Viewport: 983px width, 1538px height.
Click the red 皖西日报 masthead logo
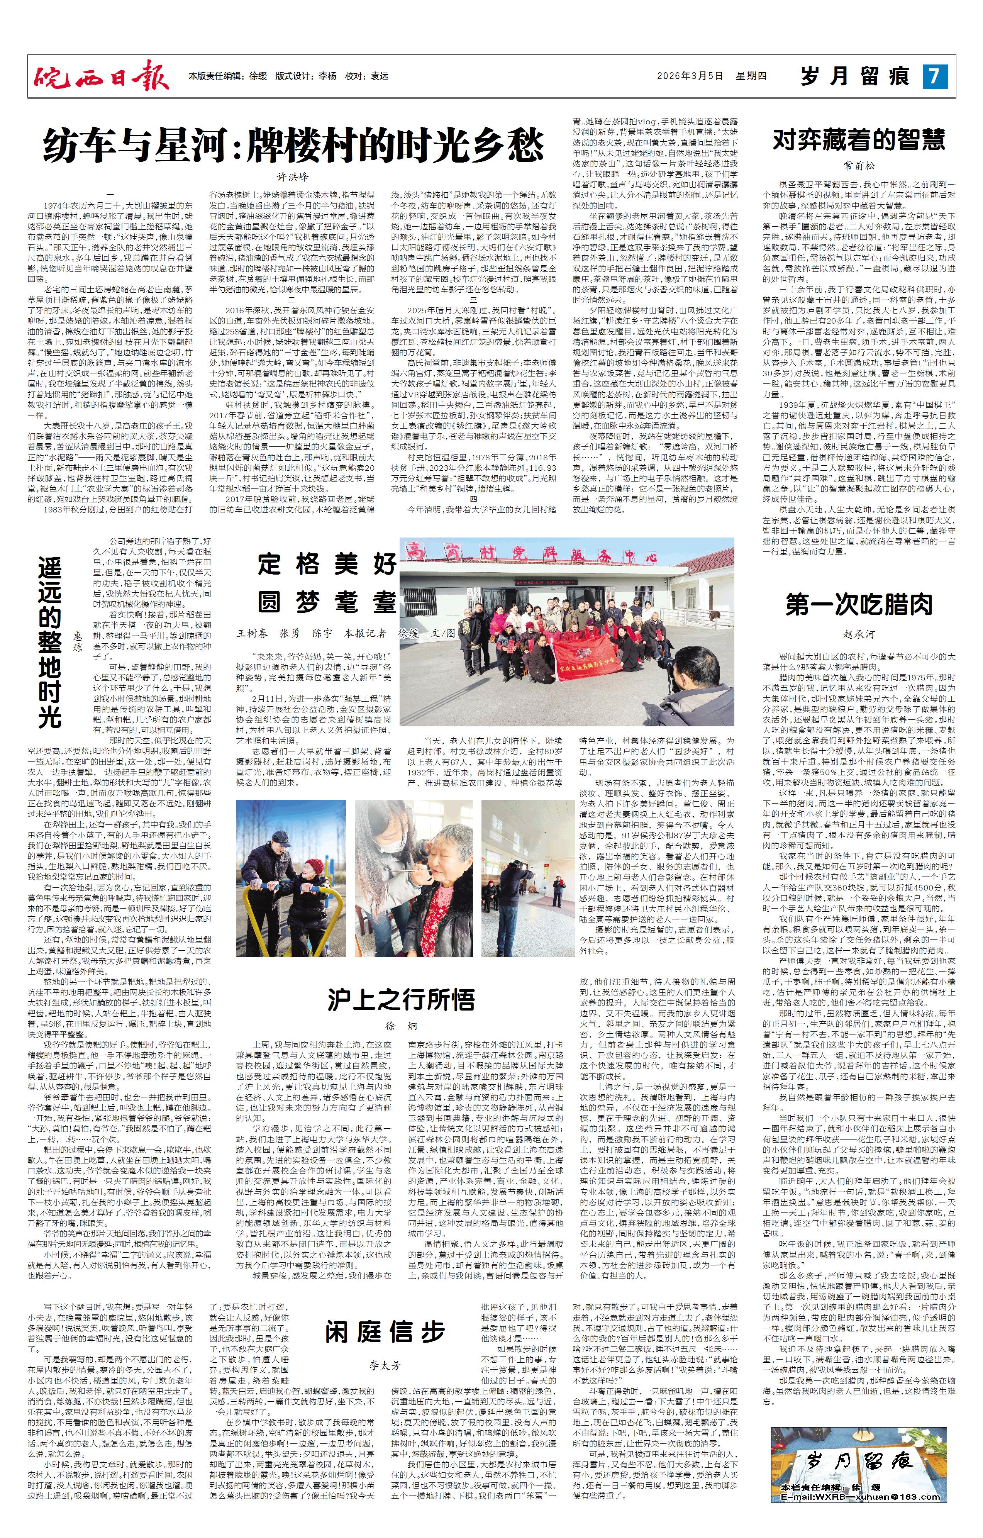click(101, 76)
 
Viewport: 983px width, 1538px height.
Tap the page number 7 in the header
click(934, 76)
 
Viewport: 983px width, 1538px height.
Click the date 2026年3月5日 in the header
click(690, 76)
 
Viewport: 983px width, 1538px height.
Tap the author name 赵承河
click(859, 634)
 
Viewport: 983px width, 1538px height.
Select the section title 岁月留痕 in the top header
click(856, 76)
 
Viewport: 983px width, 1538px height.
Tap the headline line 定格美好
click(327, 565)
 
